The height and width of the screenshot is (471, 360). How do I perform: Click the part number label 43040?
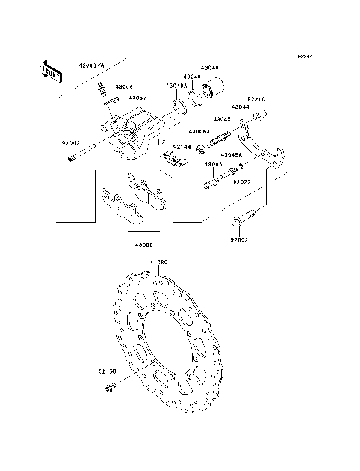point(209,67)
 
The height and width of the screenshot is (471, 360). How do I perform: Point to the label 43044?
point(240,107)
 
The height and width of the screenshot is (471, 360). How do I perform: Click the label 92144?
point(183,146)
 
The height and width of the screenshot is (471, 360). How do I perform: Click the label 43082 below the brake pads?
point(144,244)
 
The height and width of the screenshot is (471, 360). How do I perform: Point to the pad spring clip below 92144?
point(176,159)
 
